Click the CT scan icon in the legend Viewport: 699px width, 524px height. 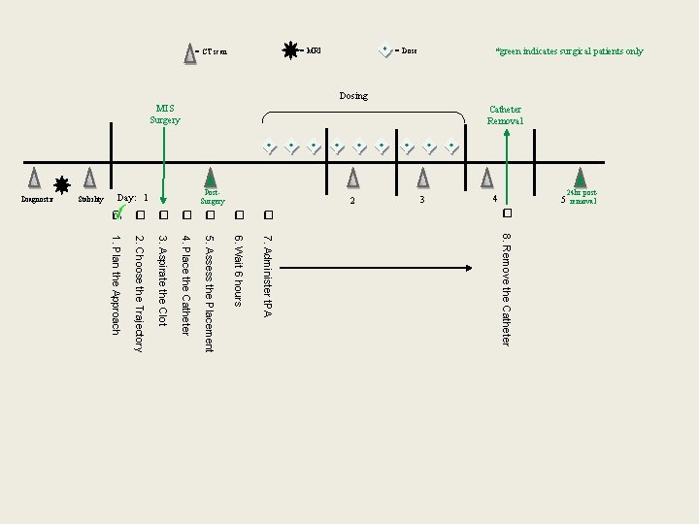pyautogui.click(x=190, y=53)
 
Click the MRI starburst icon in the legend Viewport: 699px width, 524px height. pyautogui.click(x=290, y=50)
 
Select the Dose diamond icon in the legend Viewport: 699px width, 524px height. pyautogui.click(x=385, y=50)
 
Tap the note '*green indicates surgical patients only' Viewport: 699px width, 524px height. pyautogui.click(x=569, y=51)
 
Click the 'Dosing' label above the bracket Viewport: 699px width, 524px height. pyautogui.click(x=353, y=96)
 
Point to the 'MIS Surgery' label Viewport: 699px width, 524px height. pyautogui.click(x=165, y=115)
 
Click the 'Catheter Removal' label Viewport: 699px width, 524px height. pyautogui.click(x=506, y=115)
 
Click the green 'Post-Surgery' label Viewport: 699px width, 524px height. pyautogui.click(x=213, y=197)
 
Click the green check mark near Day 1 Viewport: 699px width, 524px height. pyautogui.click(x=121, y=210)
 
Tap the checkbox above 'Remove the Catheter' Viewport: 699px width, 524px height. pyautogui.click(x=507, y=213)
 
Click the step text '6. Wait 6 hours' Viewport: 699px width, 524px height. pyautogui.click(x=237, y=270)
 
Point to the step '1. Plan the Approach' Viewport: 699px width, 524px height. pyautogui.click(x=116, y=284)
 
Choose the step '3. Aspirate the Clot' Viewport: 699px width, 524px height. pyautogui.click(x=163, y=279)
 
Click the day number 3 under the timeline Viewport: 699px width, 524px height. pyautogui.click(x=422, y=200)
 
